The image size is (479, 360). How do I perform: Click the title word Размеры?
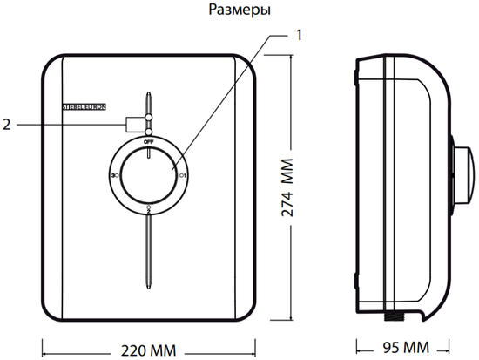click(239, 10)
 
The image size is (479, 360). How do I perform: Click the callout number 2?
click(7, 124)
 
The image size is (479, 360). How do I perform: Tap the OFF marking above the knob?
click(149, 140)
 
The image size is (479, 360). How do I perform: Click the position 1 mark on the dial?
click(183, 175)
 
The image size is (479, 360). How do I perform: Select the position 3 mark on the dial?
click(115, 175)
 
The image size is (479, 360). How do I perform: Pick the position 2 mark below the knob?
click(149, 209)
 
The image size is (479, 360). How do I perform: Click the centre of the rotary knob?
click(149, 175)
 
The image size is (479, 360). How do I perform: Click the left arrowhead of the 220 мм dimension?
click(44, 350)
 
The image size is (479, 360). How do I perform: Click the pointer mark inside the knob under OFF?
click(149, 153)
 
